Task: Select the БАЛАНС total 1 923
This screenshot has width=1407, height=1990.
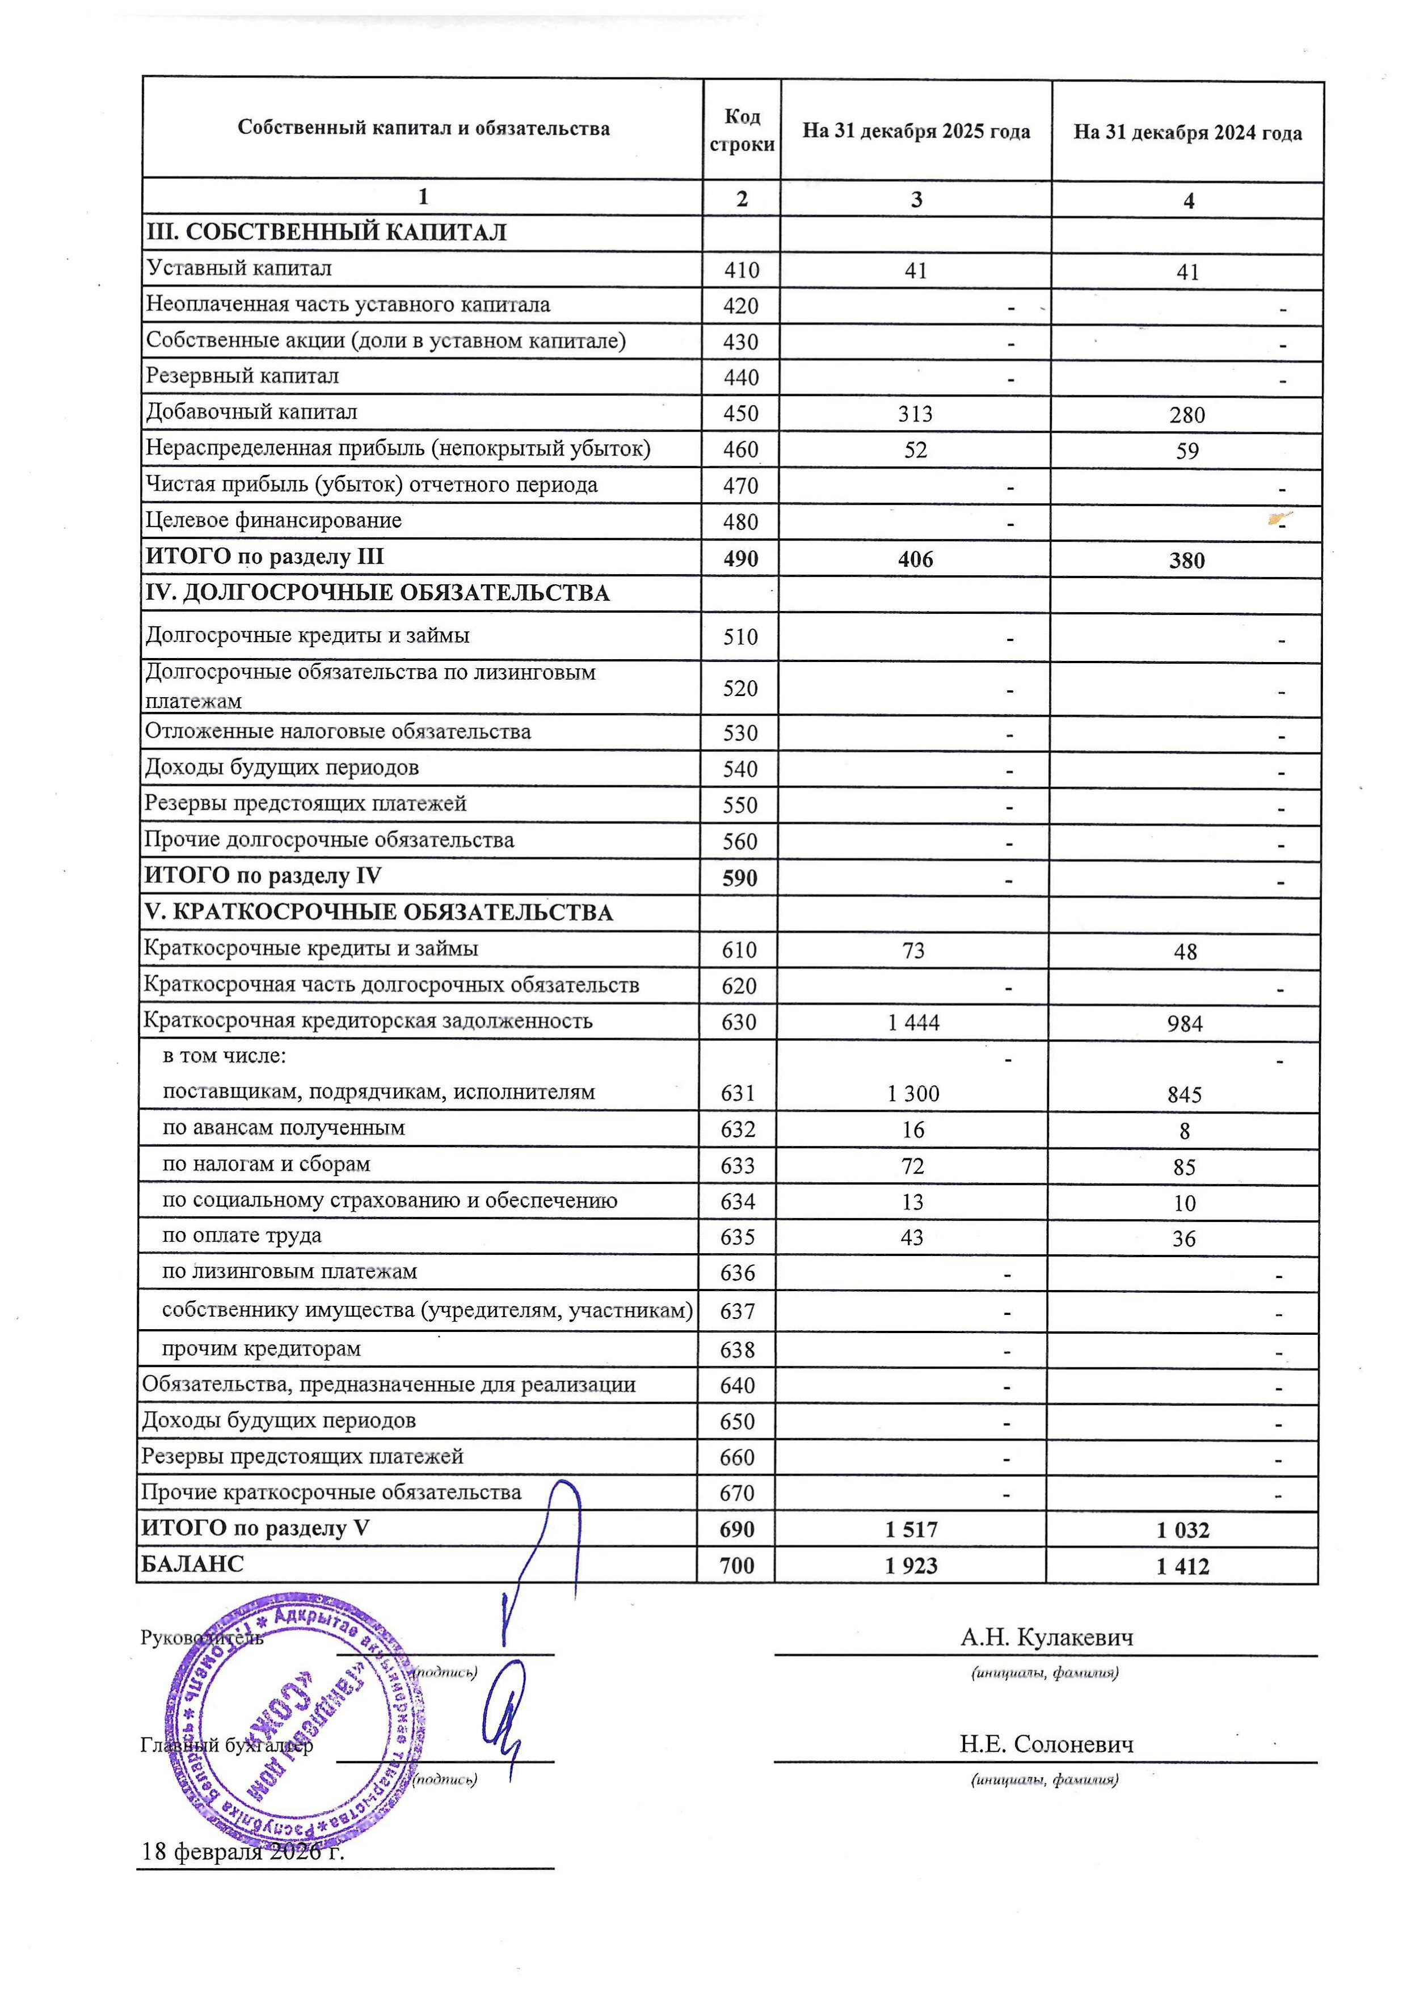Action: [x=911, y=1565]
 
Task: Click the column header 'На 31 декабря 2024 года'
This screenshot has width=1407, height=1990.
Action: [x=1187, y=133]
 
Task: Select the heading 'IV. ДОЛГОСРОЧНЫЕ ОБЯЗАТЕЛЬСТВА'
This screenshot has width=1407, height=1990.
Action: [x=377, y=594]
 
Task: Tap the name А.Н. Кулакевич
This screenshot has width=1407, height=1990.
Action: [x=1046, y=1637]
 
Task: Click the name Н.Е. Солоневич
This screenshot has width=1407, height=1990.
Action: [x=1046, y=1744]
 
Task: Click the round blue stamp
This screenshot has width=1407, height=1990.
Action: [x=295, y=1721]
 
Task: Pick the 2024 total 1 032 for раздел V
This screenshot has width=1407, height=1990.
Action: [x=1182, y=1530]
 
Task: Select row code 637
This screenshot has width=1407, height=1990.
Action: [x=737, y=1312]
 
